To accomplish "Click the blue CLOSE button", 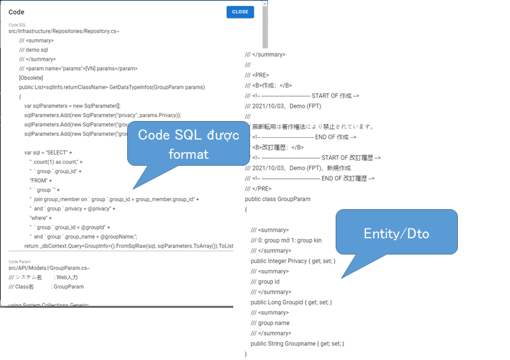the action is click(x=240, y=12).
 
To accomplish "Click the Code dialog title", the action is click(x=17, y=12).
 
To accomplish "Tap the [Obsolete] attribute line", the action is click(x=31, y=78).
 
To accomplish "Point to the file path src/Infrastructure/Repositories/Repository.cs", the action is click(x=64, y=31).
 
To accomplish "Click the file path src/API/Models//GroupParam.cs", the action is click(x=50, y=268).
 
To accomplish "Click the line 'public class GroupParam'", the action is click(x=277, y=199).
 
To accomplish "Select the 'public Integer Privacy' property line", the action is click(x=293, y=261).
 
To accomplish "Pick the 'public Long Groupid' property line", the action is click(x=291, y=302).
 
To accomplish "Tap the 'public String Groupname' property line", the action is click(x=297, y=343).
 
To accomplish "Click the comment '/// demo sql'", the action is click(x=34, y=50).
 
